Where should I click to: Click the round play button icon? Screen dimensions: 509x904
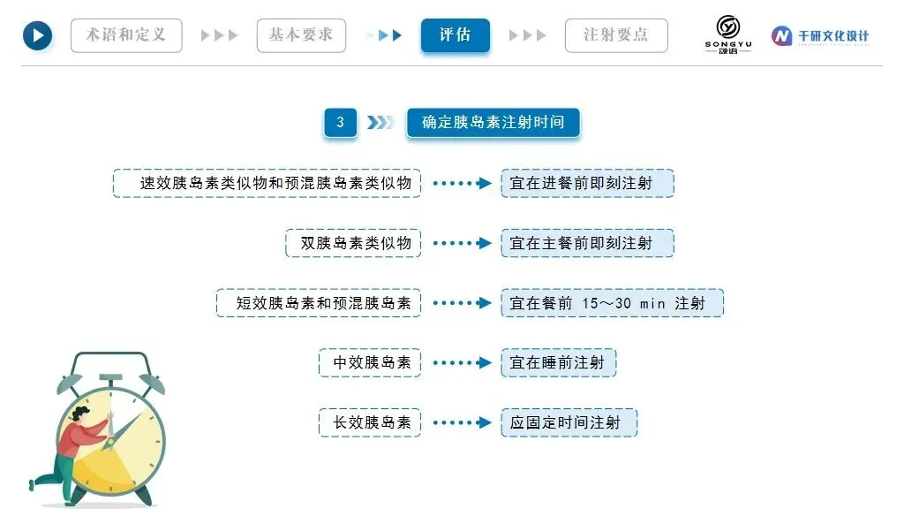pyautogui.click(x=37, y=35)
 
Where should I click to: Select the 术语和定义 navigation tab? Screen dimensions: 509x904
pyautogui.click(x=125, y=35)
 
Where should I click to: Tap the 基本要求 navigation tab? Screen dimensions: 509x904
pyautogui.click(x=301, y=35)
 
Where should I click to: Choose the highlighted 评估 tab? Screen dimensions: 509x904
pyautogui.click(x=455, y=35)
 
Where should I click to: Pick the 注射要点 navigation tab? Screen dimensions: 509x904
pyautogui.click(x=615, y=35)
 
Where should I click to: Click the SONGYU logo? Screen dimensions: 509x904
pyautogui.click(x=728, y=34)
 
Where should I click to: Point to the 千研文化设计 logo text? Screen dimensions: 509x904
pyautogui.click(x=832, y=36)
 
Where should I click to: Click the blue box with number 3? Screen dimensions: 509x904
pyautogui.click(x=341, y=123)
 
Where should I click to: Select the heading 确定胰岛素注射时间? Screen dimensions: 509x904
pyautogui.click(x=493, y=123)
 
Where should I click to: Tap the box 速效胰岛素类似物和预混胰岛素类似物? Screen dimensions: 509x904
pyautogui.click(x=267, y=183)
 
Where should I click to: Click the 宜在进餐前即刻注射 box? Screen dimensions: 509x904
pyautogui.click(x=587, y=183)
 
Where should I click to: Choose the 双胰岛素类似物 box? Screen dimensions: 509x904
pyautogui.click(x=353, y=243)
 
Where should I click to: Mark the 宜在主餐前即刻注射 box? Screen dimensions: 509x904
pyautogui.click(x=587, y=243)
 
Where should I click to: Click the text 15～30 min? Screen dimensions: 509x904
pyautogui.click(x=622, y=303)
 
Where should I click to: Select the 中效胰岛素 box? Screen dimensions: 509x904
pyautogui.click(x=370, y=362)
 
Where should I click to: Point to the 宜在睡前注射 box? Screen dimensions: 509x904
pyautogui.click(x=558, y=362)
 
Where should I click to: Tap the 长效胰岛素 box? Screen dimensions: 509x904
pyautogui.click(x=370, y=422)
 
